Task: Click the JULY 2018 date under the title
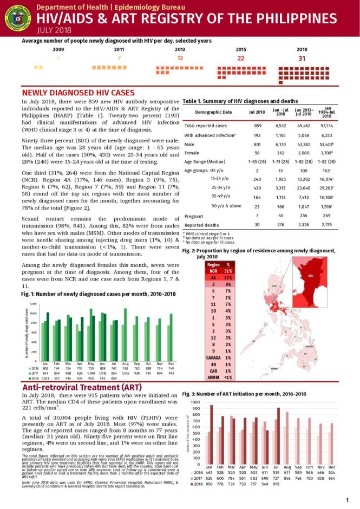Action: [52, 30]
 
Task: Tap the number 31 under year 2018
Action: [302, 58]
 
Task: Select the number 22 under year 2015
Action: [241, 58]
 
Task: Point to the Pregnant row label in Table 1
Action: [194, 216]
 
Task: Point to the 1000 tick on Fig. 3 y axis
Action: [195, 402]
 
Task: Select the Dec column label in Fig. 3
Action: [331, 466]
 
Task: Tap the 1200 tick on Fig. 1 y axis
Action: [33, 304]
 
